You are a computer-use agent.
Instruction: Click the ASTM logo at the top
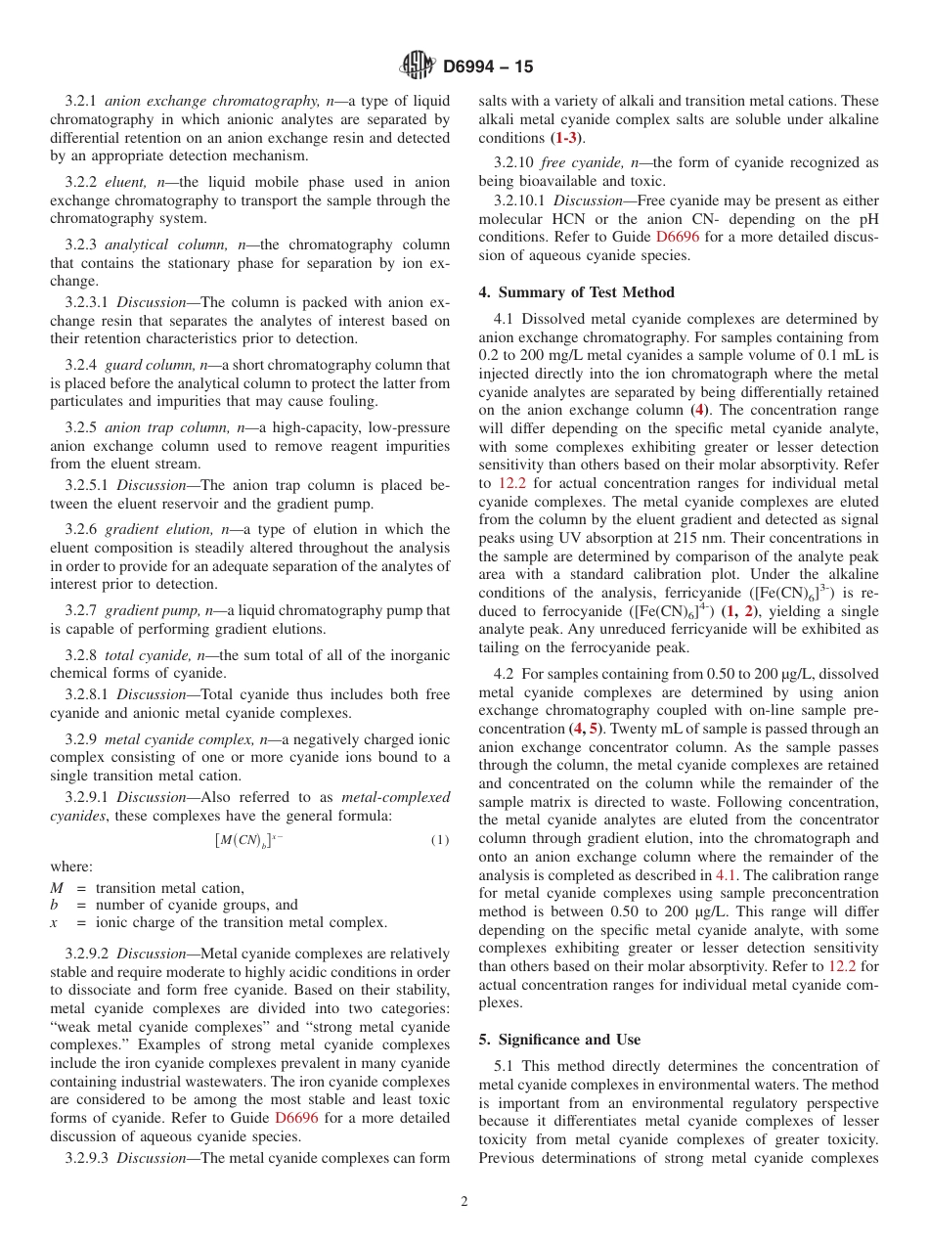click(418, 66)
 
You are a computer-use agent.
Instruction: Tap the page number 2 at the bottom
click(464, 1202)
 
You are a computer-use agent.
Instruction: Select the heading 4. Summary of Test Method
click(576, 291)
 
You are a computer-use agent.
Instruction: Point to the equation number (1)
click(439, 840)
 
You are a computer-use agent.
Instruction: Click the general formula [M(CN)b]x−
click(249, 840)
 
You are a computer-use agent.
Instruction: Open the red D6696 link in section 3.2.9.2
click(295, 1117)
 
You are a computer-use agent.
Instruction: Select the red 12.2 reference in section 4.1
click(512, 483)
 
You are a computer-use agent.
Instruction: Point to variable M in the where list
click(57, 888)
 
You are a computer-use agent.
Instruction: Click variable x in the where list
click(55, 922)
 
